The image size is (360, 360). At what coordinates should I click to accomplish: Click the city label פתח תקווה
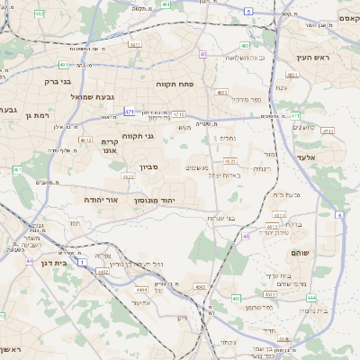click(169, 84)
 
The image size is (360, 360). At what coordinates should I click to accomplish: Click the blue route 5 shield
click(247, 11)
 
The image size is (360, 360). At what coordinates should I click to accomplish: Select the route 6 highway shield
click(339, 215)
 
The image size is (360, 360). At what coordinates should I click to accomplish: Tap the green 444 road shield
click(310, 297)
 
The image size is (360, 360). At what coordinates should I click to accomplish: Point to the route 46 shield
click(246, 237)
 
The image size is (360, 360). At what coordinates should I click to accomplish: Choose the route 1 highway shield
click(81, 264)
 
